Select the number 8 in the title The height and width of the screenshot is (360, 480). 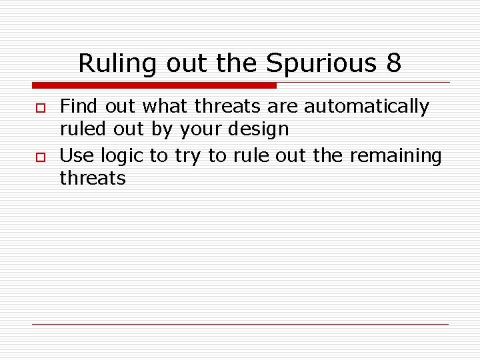pyautogui.click(x=393, y=64)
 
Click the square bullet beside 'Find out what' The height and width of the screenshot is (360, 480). pyautogui.click(x=39, y=107)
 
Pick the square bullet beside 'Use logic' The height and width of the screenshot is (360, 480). pyautogui.click(x=39, y=157)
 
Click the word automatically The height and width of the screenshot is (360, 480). pyautogui.click(x=367, y=106)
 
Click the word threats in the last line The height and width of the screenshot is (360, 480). pyautogui.click(x=93, y=178)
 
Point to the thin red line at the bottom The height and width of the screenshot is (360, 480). pyautogui.click(x=240, y=324)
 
